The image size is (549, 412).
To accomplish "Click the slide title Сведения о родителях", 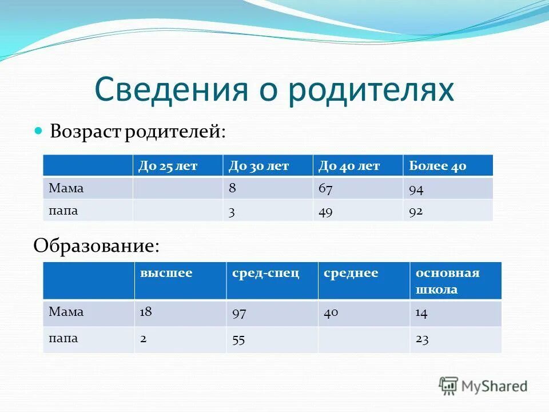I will (x=274, y=89).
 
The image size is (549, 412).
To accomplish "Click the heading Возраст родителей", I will (x=138, y=132).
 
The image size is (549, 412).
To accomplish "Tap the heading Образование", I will (x=96, y=245).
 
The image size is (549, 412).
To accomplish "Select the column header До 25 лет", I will (x=168, y=166).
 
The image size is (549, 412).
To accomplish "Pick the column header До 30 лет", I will (x=258, y=166).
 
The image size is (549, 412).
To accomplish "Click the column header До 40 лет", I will (x=349, y=166).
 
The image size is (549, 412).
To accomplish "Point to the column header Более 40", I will (x=437, y=166).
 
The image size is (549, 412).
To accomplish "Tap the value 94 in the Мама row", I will (x=416, y=189).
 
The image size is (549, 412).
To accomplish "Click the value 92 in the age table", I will (x=416, y=211).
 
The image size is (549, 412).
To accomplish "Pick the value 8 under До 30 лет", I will (x=232, y=188).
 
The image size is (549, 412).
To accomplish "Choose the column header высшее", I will (x=166, y=273).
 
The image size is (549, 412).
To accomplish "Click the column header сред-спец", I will (x=265, y=273).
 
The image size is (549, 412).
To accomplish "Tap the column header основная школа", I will (x=447, y=280).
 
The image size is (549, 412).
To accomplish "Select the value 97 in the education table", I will (x=239, y=312).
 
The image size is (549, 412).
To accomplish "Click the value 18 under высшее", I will (x=146, y=312).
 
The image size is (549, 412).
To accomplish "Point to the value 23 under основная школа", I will (x=423, y=339).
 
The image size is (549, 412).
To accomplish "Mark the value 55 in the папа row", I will (x=238, y=339).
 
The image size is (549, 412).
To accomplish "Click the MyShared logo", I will (x=483, y=386).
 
